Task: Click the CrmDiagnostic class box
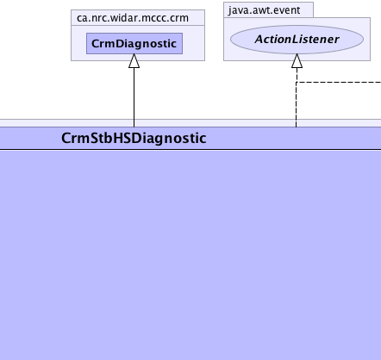point(134,43)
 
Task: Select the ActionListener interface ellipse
point(297,40)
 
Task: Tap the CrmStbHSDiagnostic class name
point(134,138)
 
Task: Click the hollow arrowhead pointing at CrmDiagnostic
point(134,61)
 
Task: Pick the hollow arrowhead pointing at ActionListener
point(297,61)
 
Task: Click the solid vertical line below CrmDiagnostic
point(134,97)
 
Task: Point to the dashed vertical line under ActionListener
point(297,97)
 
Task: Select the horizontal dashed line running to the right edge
point(339,83)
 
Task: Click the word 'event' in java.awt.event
point(286,10)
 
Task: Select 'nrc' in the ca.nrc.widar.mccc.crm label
point(102,19)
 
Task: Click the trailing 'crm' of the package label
point(179,19)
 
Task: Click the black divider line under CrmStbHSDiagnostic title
point(190,149)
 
